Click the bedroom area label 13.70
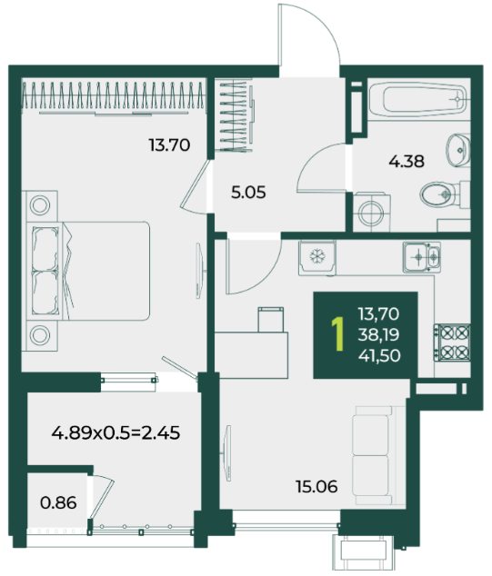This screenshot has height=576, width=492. pos(169,144)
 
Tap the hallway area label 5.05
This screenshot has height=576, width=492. pos(248,193)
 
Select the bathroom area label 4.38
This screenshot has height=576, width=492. pos(407,162)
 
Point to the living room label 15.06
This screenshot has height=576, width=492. pos(316,487)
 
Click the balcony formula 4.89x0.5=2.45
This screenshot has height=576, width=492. pos(115,432)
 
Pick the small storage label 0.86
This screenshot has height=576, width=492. pos(58,502)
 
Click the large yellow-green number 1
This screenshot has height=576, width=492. pos(337,334)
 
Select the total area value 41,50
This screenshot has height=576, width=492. pos(379,355)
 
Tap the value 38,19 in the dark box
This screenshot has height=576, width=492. pos(378,334)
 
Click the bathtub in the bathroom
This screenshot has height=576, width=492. pos(419,99)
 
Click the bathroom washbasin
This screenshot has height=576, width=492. pos(458,150)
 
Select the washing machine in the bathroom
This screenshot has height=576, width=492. pos(371,213)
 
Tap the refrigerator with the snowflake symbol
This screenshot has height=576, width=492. pos(316,257)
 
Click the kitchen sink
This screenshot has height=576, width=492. pos(422,257)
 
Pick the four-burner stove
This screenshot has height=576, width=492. pos(452,343)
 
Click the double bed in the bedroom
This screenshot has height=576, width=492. pos(88,271)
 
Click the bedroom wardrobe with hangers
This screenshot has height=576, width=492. pos(113,96)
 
